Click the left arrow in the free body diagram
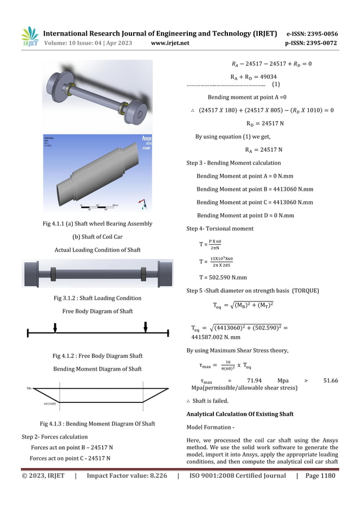(x=55, y=328)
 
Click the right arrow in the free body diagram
(x=146, y=327)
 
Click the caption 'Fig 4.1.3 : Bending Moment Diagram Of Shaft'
(x=97, y=424)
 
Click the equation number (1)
(x=276, y=85)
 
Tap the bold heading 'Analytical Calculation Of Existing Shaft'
(x=240, y=414)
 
